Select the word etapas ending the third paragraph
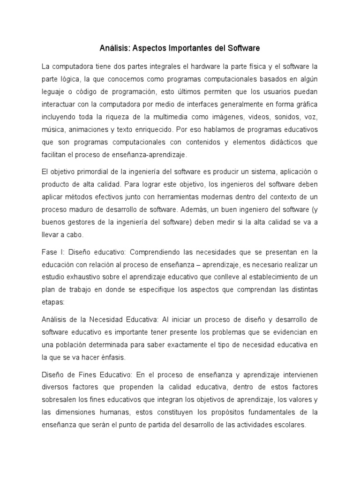click(53, 302)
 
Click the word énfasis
click(113, 357)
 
